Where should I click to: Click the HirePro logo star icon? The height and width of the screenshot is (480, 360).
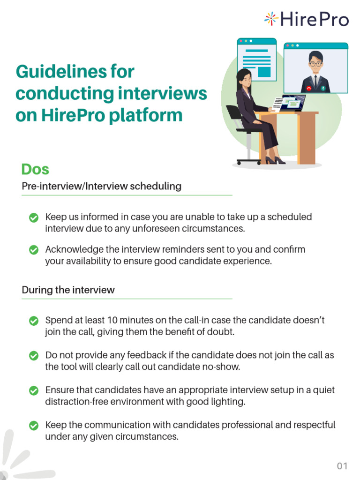(271, 19)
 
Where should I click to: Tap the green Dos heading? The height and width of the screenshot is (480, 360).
(35, 169)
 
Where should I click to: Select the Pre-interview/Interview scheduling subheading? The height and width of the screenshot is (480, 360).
(101, 186)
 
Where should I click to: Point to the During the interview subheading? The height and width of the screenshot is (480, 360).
(68, 290)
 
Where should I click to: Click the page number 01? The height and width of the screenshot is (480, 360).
(342, 465)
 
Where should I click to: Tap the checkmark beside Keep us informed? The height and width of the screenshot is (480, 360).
(34, 217)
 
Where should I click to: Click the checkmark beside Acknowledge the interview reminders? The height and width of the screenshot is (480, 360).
(34, 250)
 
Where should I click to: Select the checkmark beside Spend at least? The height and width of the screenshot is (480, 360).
(34, 321)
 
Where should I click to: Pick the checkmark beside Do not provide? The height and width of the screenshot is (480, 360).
(34, 356)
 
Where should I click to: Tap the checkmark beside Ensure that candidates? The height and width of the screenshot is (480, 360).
(34, 390)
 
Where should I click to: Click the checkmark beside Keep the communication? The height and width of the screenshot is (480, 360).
(34, 426)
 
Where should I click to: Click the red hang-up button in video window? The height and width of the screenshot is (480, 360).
(309, 88)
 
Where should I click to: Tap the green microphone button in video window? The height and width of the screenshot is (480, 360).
(322, 88)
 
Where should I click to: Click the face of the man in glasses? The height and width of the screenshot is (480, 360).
(315, 63)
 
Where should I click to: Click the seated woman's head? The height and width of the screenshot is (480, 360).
(245, 77)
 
